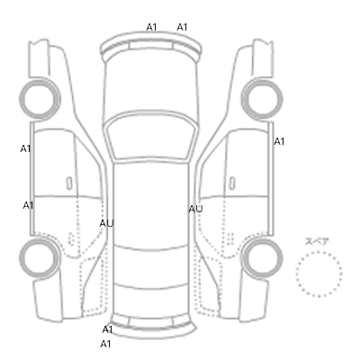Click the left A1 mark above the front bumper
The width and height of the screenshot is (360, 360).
[151, 27]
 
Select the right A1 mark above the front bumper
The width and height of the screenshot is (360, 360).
[182, 27]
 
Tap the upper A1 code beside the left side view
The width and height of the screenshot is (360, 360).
[25, 148]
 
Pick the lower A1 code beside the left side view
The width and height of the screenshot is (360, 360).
[28, 205]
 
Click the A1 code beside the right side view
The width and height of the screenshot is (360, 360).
[279, 141]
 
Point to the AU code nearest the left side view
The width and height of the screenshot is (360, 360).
[106, 223]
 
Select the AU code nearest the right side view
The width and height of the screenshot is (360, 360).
[195, 209]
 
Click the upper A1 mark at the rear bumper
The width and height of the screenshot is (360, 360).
[107, 329]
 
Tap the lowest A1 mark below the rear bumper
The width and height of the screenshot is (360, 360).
[105, 344]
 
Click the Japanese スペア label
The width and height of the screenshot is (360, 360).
[317, 241]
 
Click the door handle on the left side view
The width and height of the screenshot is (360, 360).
[69, 183]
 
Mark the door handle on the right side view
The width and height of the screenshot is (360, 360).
[232, 183]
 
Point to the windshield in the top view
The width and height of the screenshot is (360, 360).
[151, 137]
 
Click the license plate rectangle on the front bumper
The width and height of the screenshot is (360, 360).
[151, 46]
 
